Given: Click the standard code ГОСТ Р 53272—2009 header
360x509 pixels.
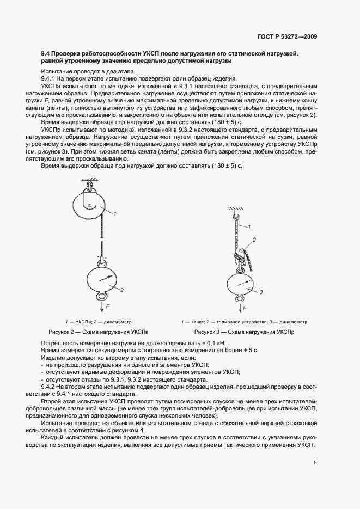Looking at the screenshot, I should pos(288,36).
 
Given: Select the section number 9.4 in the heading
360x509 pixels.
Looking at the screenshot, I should pos(46,54).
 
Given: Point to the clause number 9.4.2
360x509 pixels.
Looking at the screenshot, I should pos(50,386).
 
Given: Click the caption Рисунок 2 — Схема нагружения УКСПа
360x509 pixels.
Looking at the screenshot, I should pos(98,332).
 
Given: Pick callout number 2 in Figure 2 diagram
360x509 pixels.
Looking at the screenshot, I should pos(123,290).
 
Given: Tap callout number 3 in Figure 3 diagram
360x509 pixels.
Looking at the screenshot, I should pos(261,293).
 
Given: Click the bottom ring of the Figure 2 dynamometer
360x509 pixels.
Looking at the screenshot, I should pos(102,297).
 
